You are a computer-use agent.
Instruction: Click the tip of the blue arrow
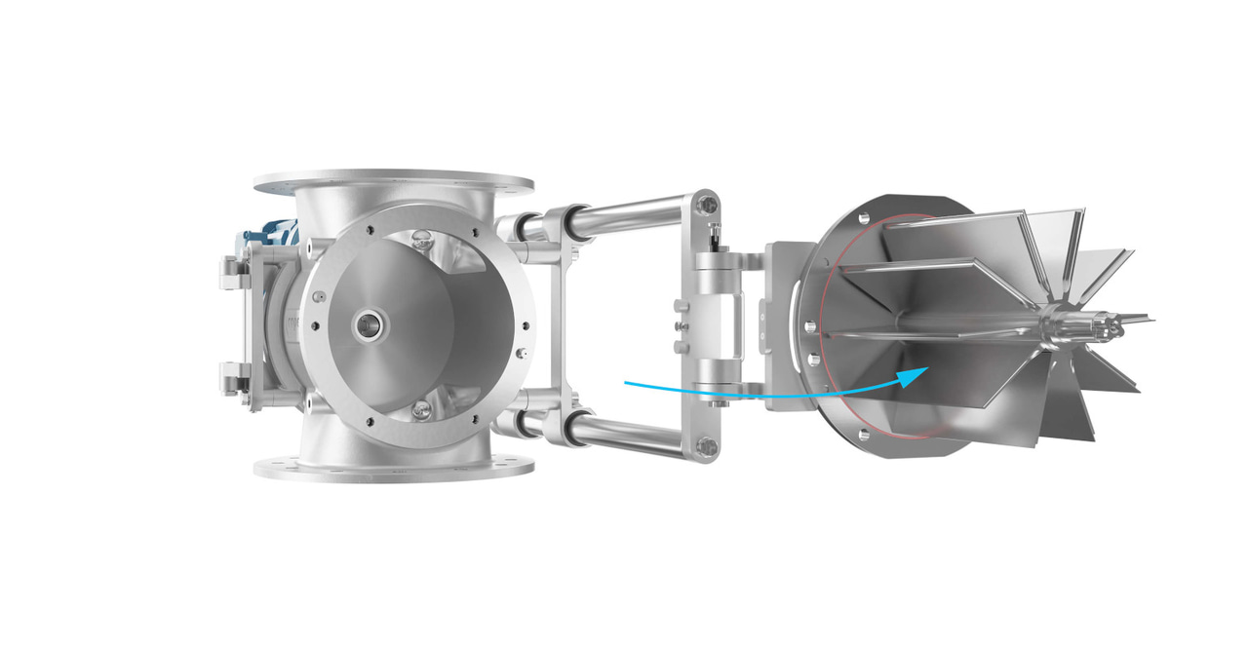[925, 371]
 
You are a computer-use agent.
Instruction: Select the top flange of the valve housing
[393, 183]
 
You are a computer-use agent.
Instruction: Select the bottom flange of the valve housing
[393, 469]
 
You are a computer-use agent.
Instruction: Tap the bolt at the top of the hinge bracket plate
[709, 205]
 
